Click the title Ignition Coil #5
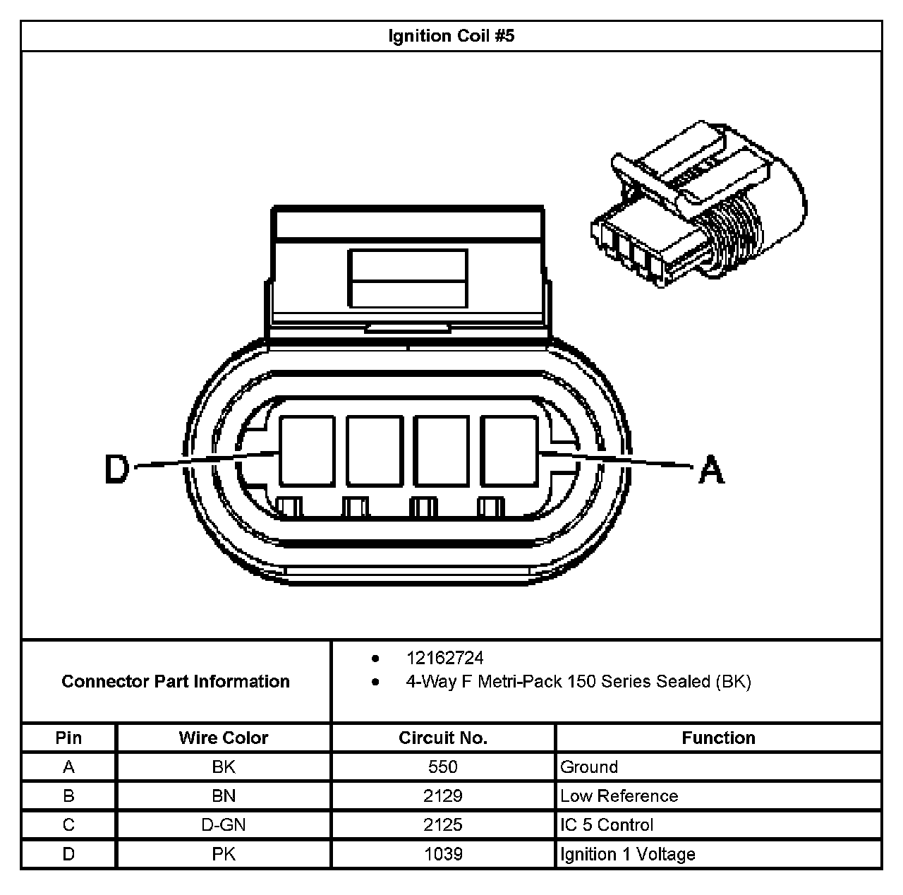451,36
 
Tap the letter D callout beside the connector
117,469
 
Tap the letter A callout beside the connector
711,469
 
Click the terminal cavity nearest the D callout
307,451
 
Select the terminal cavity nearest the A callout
509,451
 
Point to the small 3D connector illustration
698,205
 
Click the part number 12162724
444,659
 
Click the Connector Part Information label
176,681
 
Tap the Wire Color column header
223,738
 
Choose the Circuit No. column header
443,738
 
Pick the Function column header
718,738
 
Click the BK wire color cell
223,767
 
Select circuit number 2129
443,796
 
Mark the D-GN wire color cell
223,825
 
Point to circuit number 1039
443,854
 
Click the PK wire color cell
223,854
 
